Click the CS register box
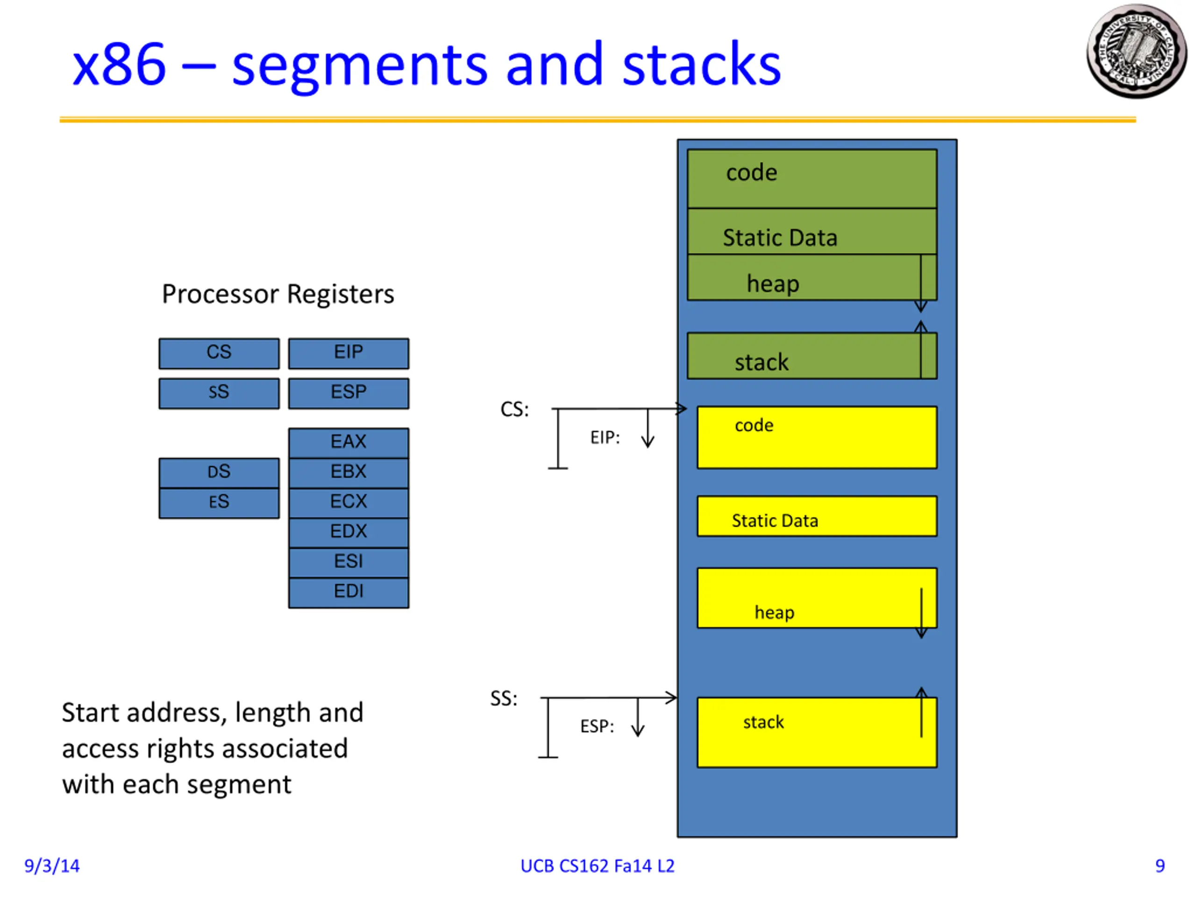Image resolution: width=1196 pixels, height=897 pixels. point(219,353)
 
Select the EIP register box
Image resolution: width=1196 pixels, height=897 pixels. point(348,353)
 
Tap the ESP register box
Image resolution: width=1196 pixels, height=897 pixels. point(348,393)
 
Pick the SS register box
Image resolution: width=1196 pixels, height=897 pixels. point(219,393)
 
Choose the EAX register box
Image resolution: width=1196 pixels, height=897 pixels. point(348,443)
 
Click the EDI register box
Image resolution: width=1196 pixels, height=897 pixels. point(348,592)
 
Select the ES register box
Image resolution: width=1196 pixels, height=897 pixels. point(219,503)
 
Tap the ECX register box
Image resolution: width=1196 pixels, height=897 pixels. point(348,503)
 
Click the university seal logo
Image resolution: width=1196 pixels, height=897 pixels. point(1136,52)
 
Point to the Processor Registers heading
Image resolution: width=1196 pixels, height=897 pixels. point(278,295)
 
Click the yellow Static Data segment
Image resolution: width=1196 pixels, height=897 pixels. point(817,516)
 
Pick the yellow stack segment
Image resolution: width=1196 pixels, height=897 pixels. point(817,732)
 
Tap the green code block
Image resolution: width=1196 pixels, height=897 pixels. point(811,178)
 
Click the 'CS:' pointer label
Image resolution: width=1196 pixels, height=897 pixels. point(514,409)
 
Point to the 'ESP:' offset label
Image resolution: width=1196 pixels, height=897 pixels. point(597,726)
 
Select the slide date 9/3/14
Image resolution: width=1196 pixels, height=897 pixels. point(52,866)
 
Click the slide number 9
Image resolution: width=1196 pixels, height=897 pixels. point(1160,866)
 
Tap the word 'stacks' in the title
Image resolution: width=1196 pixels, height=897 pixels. point(701,65)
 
